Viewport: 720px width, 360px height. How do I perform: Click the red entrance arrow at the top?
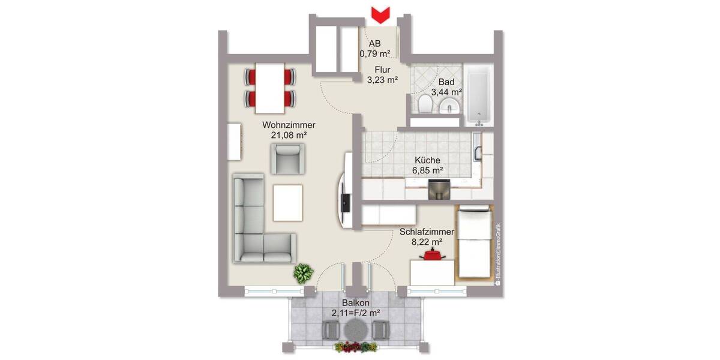coord(380,14)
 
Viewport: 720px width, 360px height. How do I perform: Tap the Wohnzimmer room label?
coord(289,125)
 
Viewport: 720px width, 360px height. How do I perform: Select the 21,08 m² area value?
coord(289,136)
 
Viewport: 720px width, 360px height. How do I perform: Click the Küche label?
coord(427,160)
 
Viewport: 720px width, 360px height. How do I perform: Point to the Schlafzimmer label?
coord(427,232)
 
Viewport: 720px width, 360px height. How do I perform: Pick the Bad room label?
coord(446,82)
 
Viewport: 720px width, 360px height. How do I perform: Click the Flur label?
coord(383,70)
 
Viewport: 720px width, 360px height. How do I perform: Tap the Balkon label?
coord(356,303)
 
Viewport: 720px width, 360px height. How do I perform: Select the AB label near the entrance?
coord(375,43)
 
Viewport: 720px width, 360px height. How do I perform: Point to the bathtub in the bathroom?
coord(479,95)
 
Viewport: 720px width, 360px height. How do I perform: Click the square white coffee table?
coord(288,202)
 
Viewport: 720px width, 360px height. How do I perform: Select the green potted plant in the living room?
coord(303,274)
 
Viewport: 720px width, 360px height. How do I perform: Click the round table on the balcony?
coord(356,329)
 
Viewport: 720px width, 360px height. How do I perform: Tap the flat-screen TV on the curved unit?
coord(346,202)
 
